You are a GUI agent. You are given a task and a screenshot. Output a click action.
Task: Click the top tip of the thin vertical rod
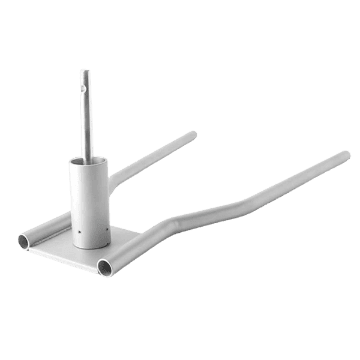tap(85, 71)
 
